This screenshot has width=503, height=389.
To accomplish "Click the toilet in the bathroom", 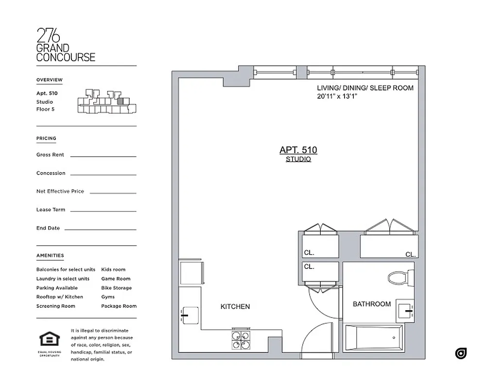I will point(398,279).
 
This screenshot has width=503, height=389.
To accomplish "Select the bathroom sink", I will point(405,310).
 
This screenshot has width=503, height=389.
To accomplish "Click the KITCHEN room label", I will point(235,307).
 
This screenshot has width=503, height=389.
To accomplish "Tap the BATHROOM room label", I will point(371,304).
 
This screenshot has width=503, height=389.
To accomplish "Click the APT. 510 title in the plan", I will point(298,150).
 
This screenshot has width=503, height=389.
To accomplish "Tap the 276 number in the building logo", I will point(49,36).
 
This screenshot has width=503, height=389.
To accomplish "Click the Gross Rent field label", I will point(50,155).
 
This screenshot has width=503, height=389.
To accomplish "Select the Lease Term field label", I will point(51,210).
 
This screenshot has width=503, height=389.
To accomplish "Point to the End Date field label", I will point(48,228).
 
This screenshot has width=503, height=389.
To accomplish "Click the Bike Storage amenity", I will point(116,288).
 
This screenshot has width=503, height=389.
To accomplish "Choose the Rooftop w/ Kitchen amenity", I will point(59,297).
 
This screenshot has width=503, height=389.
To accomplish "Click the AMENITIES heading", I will point(50,256).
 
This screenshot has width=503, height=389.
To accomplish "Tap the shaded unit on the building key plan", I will point(121,102).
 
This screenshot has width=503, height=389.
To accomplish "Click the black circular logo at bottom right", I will point(461,354).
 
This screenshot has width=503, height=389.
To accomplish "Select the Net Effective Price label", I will point(60,192).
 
